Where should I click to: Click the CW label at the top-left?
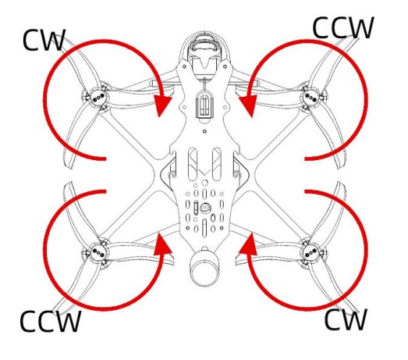coord(44,40)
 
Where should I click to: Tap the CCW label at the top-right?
coord(343,27)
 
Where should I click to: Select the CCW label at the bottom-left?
coord(50,321)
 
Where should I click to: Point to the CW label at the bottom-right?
coord(346,319)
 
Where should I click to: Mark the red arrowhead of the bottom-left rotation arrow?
coord(162,244)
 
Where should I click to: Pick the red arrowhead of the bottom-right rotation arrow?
coord(248,244)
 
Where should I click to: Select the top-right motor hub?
coord(311,98)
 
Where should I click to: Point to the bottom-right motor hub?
coord(311,252)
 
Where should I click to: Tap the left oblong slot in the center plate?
coord(193,164)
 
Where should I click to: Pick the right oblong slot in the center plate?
coord(217,164)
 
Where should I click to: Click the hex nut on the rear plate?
coord(205,208)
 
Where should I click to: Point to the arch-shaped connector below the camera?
coord(204,104)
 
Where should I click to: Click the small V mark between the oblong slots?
coord(205,172)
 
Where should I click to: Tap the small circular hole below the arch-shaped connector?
coord(204,131)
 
